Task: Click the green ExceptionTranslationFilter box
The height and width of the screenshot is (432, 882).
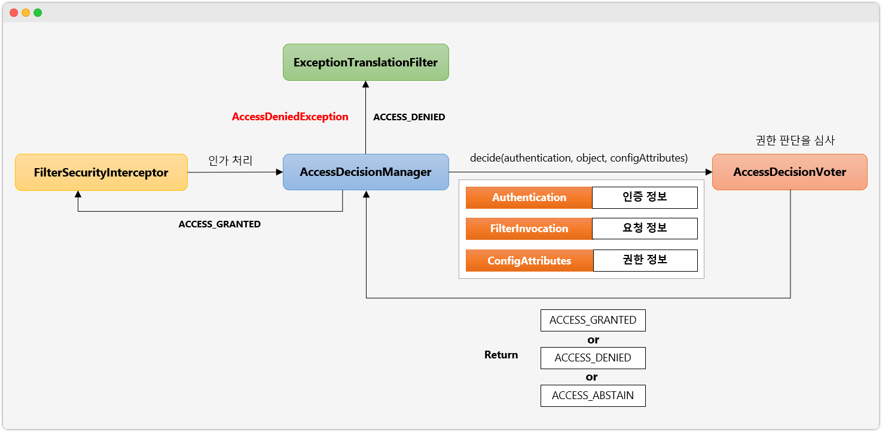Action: (365, 62)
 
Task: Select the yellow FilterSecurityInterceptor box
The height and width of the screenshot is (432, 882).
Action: (101, 173)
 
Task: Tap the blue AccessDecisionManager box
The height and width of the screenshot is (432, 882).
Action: (365, 172)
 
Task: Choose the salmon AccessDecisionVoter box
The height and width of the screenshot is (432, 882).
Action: (789, 172)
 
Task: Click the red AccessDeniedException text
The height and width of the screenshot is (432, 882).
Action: (290, 117)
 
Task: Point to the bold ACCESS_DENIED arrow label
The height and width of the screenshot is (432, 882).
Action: (409, 117)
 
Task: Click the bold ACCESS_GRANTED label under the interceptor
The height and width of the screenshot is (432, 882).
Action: (219, 224)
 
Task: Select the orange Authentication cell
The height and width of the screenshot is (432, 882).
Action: (529, 197)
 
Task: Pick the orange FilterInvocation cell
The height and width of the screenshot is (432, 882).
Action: (529, 229)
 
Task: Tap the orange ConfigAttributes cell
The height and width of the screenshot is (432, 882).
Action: (529, 261)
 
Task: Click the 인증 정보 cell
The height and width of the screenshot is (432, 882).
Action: (645, 197)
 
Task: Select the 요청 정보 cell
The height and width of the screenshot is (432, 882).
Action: (645, 229)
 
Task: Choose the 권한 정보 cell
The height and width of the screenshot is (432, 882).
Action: (645, 260)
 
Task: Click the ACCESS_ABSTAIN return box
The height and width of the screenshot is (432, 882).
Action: (593, 396)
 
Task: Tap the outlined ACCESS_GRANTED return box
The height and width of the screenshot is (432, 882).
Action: (593, 320)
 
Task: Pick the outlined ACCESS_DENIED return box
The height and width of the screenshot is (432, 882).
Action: (593, 358)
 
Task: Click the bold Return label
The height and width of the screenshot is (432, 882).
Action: (501, 355)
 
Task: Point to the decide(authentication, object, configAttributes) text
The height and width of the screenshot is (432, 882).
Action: (579, 158)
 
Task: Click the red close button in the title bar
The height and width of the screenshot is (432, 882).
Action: (14, 13)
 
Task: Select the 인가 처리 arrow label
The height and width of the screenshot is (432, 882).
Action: (230, 160)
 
